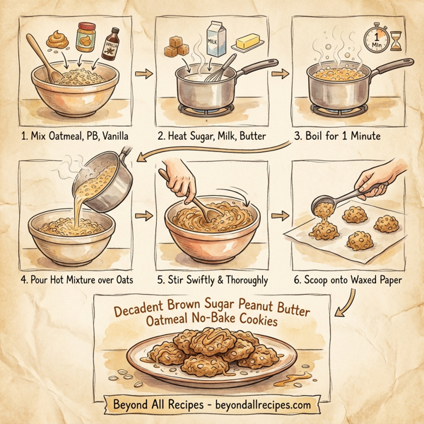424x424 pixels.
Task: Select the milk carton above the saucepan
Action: (215, 37)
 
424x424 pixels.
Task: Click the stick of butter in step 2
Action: (252, 43)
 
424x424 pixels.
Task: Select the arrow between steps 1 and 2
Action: (143, 73)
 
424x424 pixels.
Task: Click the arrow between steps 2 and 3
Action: (281, 73)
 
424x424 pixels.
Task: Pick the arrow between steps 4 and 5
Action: (143, 213)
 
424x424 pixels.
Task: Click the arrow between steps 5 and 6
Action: (281, 213)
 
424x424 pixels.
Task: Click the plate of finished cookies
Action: (212, 357)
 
